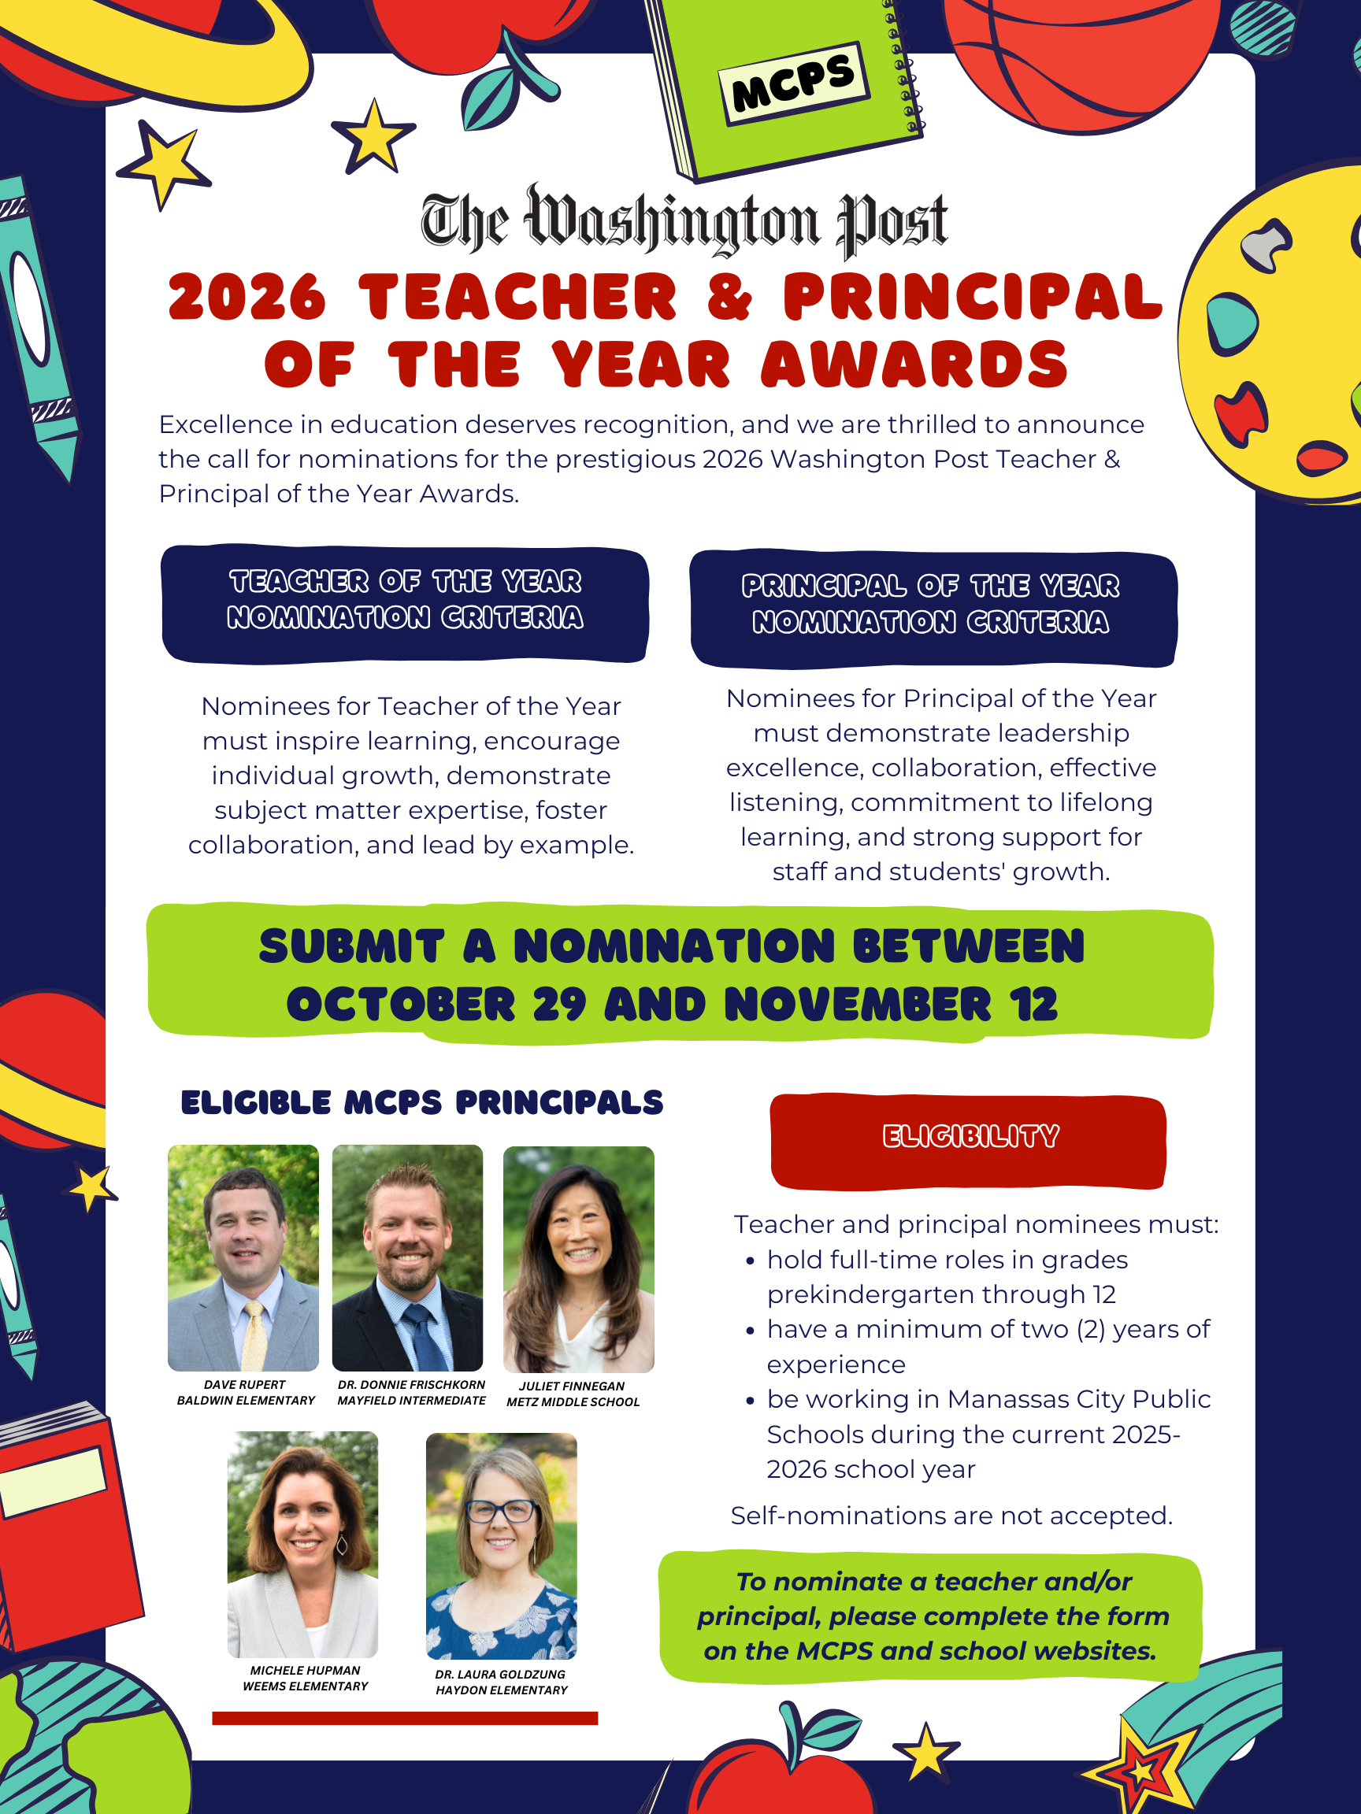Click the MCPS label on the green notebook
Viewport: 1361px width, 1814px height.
point(793,83)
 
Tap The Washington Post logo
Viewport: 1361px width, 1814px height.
point(684,220)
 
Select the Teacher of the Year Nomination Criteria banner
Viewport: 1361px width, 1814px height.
point(406,604)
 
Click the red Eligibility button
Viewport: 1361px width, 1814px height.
point(968,1140)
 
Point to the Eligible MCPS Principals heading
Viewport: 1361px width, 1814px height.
point(421,1103)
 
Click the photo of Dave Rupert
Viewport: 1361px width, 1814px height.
point(243,1257)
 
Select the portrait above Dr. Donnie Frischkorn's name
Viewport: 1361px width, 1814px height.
point(407,1257)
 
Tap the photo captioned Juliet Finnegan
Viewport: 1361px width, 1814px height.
point(578,1259)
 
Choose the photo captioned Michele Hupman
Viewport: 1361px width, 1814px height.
point(302,1544)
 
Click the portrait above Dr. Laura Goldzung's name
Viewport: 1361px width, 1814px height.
point(501,1546)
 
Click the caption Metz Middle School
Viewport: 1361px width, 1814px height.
point(573,1402)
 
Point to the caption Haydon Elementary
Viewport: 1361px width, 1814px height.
point(501,1690)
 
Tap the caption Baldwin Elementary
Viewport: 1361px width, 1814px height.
point(246,1401)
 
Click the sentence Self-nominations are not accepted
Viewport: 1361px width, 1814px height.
point(951,1516)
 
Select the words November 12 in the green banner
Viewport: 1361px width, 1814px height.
point(891,1005)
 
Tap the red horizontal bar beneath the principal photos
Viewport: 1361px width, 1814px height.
point(405,1718)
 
